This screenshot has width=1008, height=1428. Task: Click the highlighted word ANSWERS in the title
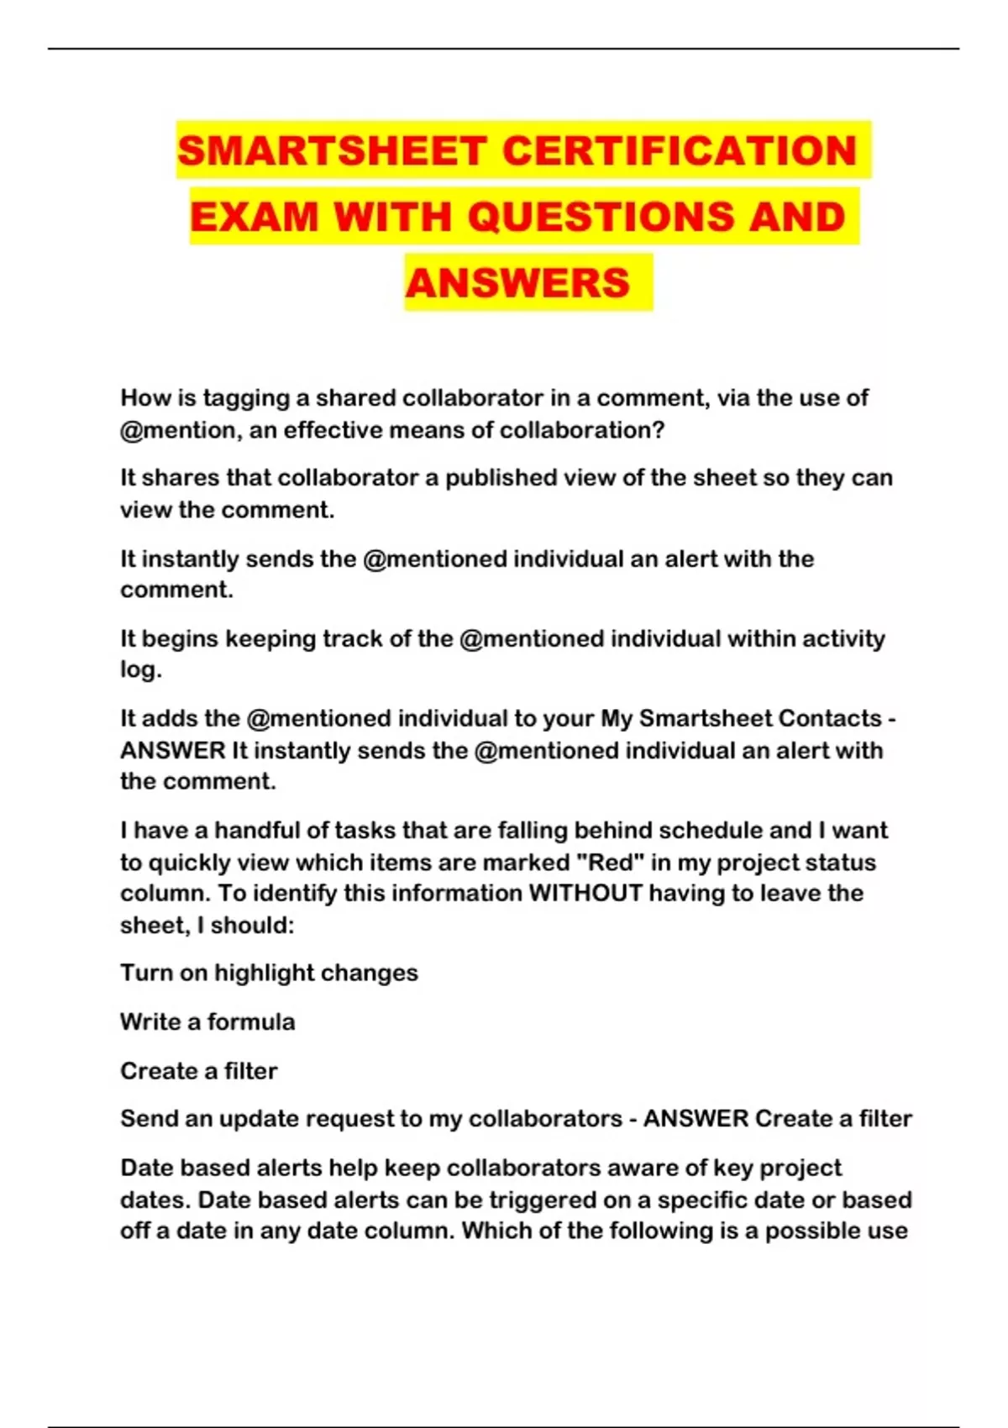[x=517, y=282]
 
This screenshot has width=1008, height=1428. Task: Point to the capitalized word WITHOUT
[x=585, y=893]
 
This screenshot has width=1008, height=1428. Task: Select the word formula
[x=251, y=1022]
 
